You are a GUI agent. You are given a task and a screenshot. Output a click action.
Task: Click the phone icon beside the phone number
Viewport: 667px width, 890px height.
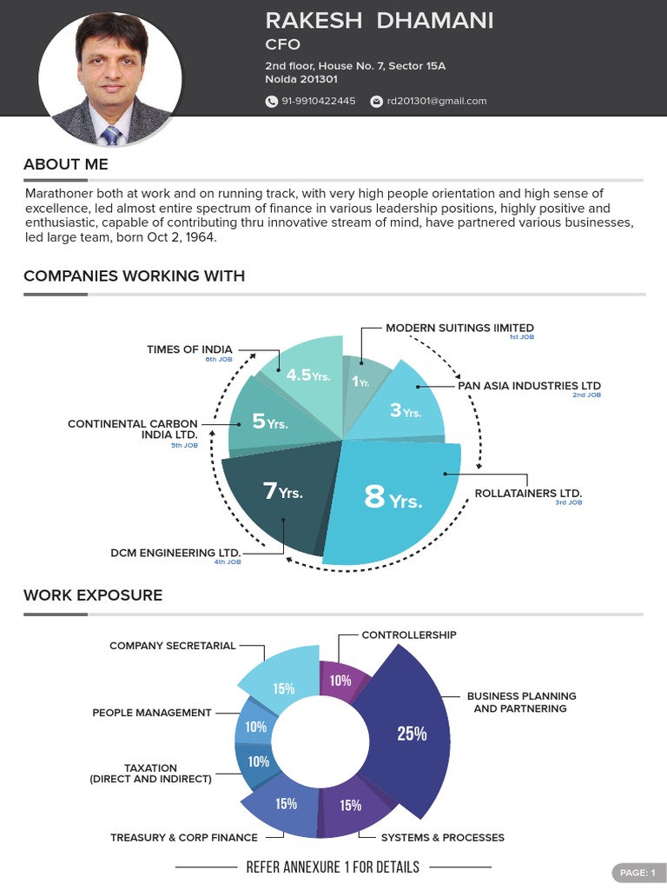click(x=271, y=102)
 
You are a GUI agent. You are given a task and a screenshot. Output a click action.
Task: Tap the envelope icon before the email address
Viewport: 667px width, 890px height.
click(x=376, y=102)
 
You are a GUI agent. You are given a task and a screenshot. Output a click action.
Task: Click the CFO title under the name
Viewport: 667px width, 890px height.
click(x=283, y=44)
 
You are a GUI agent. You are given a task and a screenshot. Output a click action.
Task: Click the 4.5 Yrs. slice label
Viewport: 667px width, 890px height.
click(x=307, y=375)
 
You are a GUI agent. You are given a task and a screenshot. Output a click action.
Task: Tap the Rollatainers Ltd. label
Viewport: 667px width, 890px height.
click(x=528, y=494)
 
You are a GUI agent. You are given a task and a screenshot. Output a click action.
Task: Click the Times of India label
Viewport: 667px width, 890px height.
click(x=189, y=349)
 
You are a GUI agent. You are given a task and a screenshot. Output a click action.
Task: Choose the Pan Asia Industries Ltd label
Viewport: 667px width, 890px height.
click(x=529, y=386)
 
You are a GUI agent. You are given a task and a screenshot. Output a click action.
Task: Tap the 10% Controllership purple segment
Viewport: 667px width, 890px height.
click(x=341, y=681)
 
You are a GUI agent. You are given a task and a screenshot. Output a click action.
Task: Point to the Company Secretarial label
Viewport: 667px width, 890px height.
click(x=172, y=646)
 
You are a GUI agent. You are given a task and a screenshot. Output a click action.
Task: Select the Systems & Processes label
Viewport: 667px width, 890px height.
click(x=442, y=838)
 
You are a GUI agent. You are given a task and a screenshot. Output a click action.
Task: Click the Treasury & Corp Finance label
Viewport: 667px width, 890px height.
click(x=183, y=838)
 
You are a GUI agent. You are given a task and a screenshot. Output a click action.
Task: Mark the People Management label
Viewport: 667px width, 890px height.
click(x=152, y=713)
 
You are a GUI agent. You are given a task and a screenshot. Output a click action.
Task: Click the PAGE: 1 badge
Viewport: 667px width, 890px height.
click(x=637, y=873)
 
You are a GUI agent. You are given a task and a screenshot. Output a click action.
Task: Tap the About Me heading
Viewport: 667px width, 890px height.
click(x=66, y=164)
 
